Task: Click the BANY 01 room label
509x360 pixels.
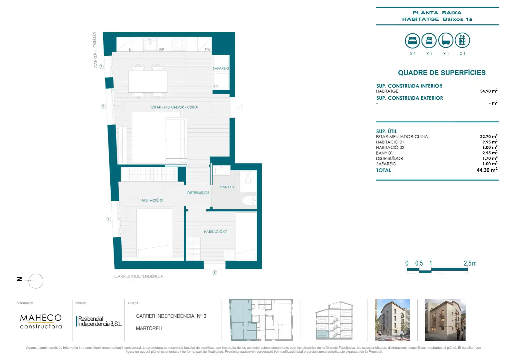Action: pos(227,187)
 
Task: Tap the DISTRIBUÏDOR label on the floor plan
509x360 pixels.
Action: pos(198,193)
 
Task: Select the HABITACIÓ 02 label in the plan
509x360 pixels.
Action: pos(216,232)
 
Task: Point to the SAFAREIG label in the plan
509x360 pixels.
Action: pos(221,68)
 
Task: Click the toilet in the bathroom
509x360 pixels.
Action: pos(249,200)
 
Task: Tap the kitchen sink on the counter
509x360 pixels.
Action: pos(150,44)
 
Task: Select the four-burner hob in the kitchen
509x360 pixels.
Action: pos(179,44)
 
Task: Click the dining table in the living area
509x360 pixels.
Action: pos(148,81)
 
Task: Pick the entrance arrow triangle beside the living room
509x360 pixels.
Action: pos(240,108)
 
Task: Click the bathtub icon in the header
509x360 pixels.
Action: pos(446,40)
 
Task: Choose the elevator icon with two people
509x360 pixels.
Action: pos(462,40)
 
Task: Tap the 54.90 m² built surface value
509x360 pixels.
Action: pos(489,91)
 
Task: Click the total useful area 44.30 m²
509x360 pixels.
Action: pos(487,170)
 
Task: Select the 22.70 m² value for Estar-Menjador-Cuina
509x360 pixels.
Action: pos(489,136)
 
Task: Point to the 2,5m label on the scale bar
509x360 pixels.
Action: pos(470,263)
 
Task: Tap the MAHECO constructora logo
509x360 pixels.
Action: pos(41,321)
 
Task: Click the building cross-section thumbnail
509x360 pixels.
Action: pos(334,320)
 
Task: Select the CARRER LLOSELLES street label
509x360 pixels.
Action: pos(95,50)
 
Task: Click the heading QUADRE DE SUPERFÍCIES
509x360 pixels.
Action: pos(442,73)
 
